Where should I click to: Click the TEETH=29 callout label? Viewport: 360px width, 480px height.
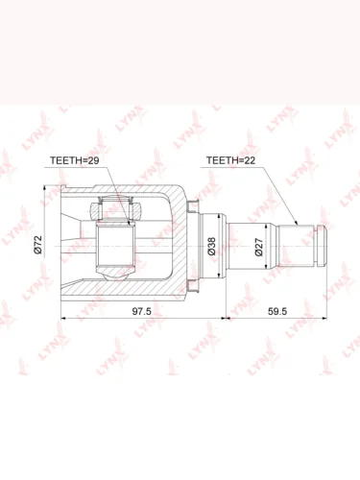pyautogui.click(x=75, y=160)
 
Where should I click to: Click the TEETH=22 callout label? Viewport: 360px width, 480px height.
pyautogui.click(x=230, y=160)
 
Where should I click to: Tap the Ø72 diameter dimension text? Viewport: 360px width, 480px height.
pyautogui.click(x=38, y=245)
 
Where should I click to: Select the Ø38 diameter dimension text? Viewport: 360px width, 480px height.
pyautogui.click(x=211, y=246)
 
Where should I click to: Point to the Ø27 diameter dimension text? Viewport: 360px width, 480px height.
pyautogui.click(x=258, y=247)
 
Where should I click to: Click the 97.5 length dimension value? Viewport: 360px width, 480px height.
pyautogui.click(x=142, y=311)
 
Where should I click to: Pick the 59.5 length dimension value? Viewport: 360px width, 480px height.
pyautogui.click(x=277, y=311)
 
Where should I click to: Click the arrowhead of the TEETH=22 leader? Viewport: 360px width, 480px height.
pyautogui.click(x=296, y=223)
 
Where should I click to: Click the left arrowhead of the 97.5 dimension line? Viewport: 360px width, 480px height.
pyautogui.click(x=63, y=319)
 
